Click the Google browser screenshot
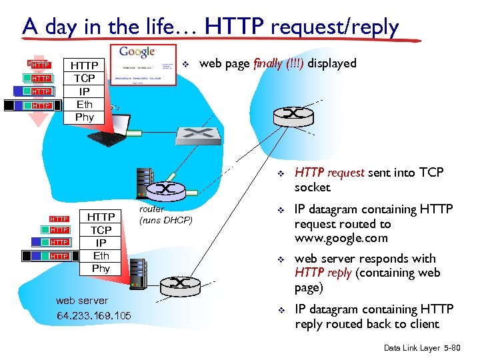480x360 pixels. point(146,65)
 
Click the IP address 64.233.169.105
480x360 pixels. point(94,315)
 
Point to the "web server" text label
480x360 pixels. point(82,301)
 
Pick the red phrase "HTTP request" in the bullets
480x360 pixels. point(329,173)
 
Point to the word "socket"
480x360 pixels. point(313,187)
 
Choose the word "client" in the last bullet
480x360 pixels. point(423,324)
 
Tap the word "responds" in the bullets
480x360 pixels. point(375,258)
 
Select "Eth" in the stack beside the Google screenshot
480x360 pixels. point(85,104)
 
